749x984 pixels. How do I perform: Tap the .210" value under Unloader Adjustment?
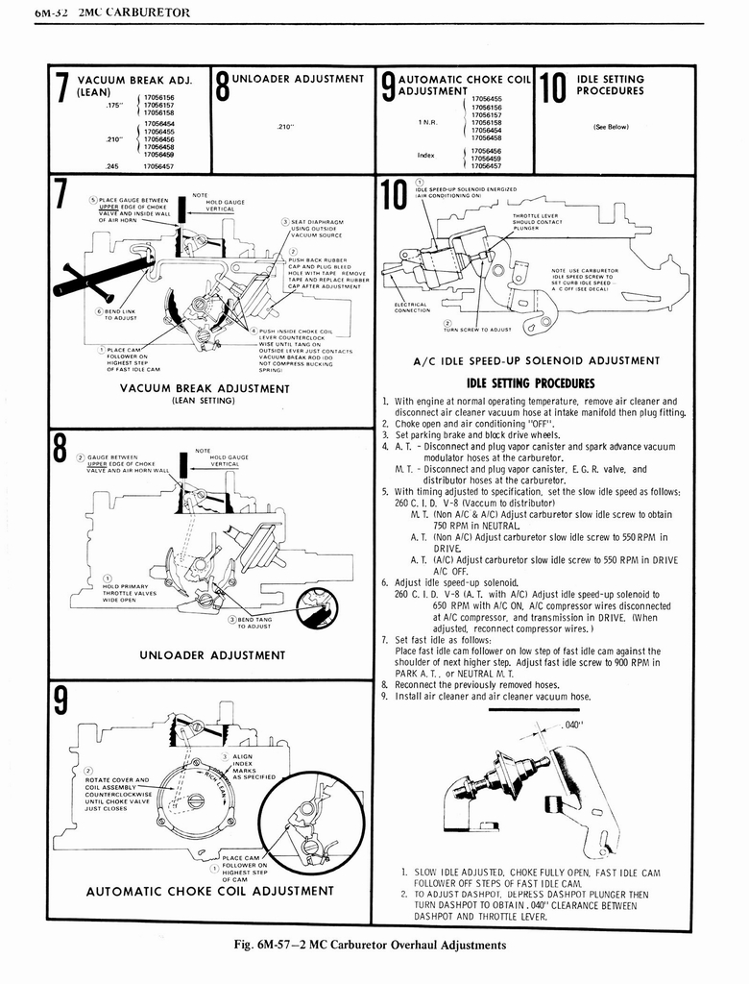283,125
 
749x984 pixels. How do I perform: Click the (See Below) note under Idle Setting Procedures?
611,126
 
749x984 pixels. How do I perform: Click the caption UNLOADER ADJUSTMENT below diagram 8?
212,655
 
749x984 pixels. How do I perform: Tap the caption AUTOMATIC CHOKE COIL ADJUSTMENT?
209,890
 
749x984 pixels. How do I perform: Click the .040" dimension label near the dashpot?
573,725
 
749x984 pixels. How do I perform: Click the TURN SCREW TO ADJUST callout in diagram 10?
476,329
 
